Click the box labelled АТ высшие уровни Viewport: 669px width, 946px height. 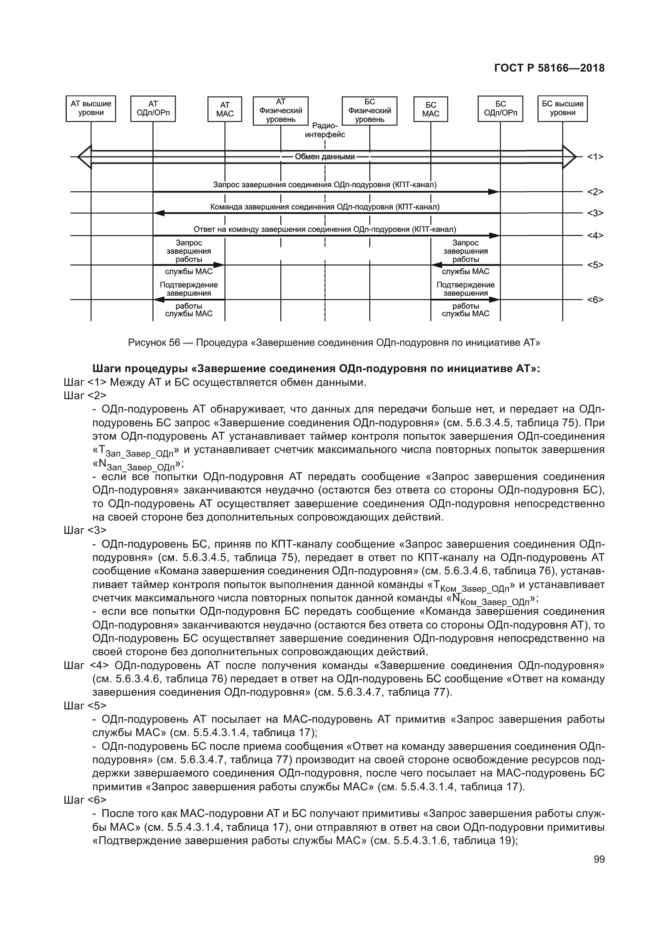91,109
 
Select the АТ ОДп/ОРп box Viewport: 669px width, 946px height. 153,109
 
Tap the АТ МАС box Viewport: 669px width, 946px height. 224,109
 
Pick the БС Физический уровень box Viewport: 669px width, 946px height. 370,110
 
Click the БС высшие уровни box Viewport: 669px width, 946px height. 562,109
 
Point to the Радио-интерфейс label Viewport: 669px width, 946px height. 325,130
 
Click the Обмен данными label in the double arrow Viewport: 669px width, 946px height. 325,157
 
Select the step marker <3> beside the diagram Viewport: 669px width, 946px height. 595,214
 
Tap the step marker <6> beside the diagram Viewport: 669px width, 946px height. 595,300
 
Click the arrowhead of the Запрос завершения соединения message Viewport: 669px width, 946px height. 493,192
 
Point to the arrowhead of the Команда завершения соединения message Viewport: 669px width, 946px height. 159,214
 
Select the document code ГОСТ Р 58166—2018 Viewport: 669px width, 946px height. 549,68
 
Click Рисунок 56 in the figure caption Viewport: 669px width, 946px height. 154,343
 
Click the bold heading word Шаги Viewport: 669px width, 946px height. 106,368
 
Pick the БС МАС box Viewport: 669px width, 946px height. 430,109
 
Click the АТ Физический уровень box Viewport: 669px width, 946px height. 281,110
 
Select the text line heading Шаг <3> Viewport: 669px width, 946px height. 85,530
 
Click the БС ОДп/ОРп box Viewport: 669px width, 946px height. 500,109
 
